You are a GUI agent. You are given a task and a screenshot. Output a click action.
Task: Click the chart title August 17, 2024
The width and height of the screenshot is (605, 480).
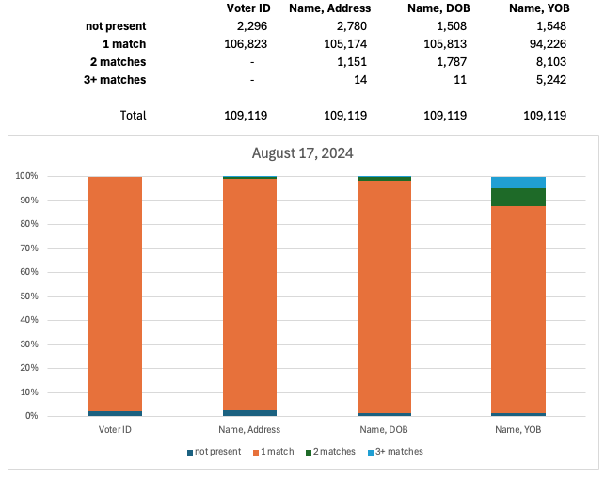click(x=302, y=152)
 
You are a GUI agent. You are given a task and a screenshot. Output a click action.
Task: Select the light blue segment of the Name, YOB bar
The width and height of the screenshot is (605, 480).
click(x=518, y=182)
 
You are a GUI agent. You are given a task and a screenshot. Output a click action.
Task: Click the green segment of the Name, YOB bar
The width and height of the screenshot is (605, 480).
click(x=518, y=197)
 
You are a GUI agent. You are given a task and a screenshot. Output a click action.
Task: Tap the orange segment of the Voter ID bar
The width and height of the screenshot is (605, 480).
click(x=115, y=292)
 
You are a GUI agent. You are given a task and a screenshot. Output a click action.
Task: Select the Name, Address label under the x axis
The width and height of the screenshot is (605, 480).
click(x=249, y=429)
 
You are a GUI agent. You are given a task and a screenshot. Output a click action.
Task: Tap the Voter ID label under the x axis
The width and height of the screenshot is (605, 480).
click(x=115, y=429)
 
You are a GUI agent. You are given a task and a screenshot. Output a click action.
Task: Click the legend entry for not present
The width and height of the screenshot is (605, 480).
click(x=215, y=452)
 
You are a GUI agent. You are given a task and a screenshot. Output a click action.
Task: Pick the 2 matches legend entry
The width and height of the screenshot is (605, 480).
click(x=331, y=452)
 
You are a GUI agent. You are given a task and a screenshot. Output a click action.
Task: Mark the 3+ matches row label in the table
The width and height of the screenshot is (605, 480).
click(x=118, y=80)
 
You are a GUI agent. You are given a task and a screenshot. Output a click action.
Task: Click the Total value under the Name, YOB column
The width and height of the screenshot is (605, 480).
click(x=545, y=116)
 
